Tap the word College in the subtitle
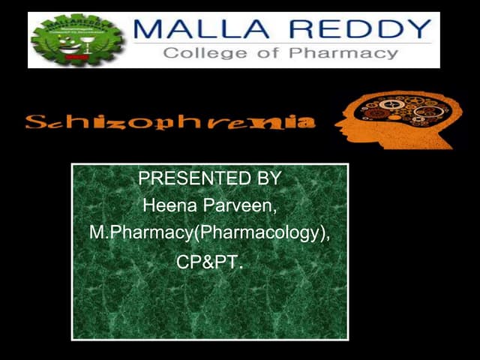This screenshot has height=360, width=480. click(199, 54)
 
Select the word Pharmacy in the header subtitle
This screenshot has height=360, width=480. click(348, 54)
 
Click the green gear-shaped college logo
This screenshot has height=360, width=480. click(78, 40)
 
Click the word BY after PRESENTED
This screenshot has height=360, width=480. click(266, 180)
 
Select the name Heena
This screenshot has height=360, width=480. click(167, 205)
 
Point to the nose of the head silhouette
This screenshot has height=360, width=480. click(335, 120)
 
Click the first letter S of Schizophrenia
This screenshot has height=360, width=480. click(33, 121)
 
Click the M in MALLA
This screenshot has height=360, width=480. click(145, 31)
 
